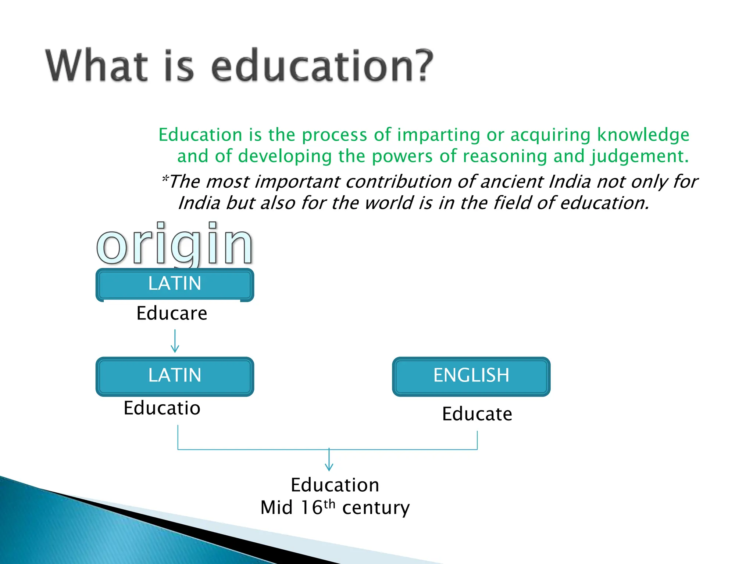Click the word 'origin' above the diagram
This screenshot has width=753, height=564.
[175, 244]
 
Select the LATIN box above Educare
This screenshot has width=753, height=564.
[175, 284]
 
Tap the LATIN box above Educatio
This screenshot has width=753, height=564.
[175, 376]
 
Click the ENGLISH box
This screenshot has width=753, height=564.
[471, 376]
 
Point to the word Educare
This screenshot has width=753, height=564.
[172, 314]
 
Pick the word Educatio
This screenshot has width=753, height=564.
[162, 408]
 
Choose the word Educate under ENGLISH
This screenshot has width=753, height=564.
[477, 414]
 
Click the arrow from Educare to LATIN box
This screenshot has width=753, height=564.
[175, 341]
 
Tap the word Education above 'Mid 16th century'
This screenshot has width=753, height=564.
[335, 485]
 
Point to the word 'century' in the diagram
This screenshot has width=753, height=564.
[376, 508]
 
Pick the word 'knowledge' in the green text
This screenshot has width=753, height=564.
[643, 135]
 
